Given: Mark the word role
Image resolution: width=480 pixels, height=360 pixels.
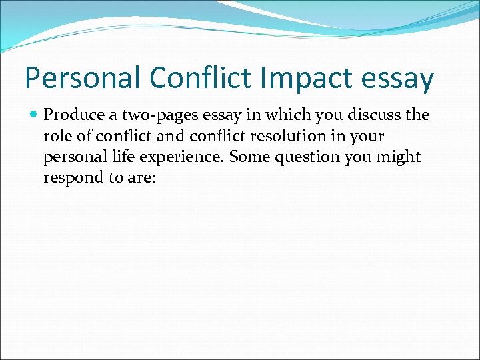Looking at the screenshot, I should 57,135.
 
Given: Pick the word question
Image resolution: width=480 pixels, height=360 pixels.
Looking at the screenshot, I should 300,157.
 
